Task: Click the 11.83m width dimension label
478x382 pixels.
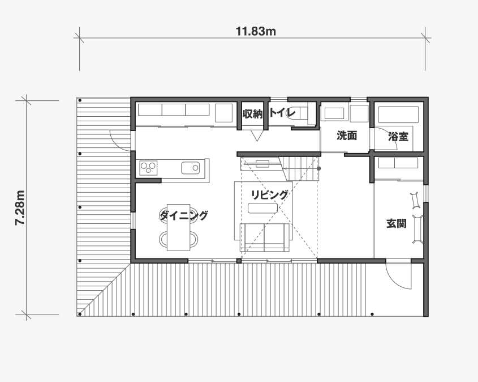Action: click(256, 31)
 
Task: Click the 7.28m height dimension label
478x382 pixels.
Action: click(20, 207)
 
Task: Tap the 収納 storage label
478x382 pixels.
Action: click(252, 114)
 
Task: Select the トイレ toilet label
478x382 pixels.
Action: click(283, 113)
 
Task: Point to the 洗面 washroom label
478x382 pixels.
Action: click(347, 135)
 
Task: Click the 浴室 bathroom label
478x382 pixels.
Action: click(398, 137)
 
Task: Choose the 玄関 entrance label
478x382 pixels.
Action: click(397, 223)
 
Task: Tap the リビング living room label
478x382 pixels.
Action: click(269, 195)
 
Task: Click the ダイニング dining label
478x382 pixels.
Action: click(184, 215)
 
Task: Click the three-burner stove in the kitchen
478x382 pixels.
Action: click(148, 168)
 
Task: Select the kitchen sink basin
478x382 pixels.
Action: click(191, 168)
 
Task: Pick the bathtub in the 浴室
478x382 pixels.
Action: click(398, 114)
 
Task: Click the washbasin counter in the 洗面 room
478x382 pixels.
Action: click(334, 113)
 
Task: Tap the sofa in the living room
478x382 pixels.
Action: click(264, 237)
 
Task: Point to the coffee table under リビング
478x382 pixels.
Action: click(263, 208)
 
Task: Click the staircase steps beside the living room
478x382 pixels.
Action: click(300, 168)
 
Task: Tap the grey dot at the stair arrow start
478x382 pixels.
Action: click(319, 168)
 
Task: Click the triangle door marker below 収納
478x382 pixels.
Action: click(257, 135)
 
